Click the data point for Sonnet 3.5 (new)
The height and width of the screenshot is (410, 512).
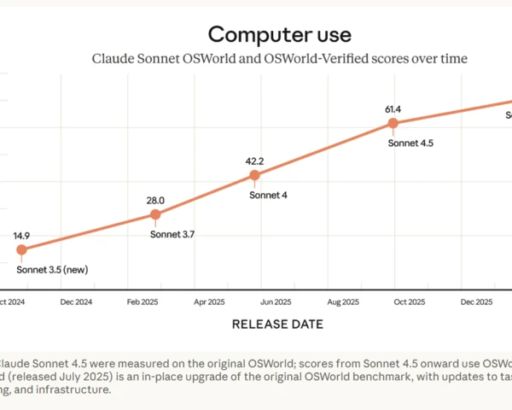coord(21,249)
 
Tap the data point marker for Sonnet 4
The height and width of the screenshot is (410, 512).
coord(254,175)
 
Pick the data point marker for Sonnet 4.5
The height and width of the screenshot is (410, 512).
coord(393,123)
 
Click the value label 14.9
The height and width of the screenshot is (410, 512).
coord(22,234)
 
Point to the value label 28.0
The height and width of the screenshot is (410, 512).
coord(155,201)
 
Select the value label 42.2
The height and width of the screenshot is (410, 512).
coord(254,160)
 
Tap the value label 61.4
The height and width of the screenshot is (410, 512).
coord(393,108)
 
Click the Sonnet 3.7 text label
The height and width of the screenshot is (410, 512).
coord(173,234)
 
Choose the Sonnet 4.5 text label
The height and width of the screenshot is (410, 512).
coord(411,143)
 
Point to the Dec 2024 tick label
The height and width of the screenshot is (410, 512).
coord(76,302)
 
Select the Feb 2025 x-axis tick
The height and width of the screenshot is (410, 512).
coord(143,302)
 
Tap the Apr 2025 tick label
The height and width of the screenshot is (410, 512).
coord(209,302)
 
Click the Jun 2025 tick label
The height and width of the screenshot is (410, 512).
coord(276,302)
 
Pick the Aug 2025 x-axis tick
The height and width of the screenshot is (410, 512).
coord(342,302)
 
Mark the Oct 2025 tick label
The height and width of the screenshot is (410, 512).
coord(409,302)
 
